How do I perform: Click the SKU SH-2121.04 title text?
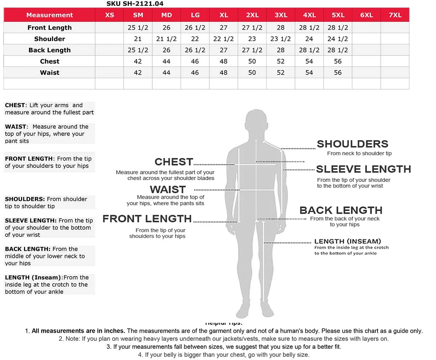[x=135, y=4]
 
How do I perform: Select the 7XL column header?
[x=395, y=15]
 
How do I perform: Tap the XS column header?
[x=109, y=15]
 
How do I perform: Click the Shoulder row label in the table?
[x=49, y=39]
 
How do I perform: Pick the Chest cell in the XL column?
[x=223, y=61]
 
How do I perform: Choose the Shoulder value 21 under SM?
[x=138, y=39]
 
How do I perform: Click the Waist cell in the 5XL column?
[x=338, y=73]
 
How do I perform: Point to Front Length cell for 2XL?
[x=252, y=28]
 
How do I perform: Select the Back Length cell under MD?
[x=166, y=50]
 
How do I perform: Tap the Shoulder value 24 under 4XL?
[x=309, y=39]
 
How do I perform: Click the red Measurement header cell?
[x=49, y=15]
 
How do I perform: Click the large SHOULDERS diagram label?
[x=352, y=144]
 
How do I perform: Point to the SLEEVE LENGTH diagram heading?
[x=363, y=169]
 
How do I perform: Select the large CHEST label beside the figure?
[x=174, y=162]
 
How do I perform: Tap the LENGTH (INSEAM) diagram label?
[x=347, y=241]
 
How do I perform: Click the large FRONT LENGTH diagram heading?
[x=147, y=219]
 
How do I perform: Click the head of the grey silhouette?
[x=256, y=123]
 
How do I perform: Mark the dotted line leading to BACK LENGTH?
[x=283, y=219]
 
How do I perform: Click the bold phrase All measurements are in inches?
[x=78, y=331]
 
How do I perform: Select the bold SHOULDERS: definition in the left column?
[x=25, y=199]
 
